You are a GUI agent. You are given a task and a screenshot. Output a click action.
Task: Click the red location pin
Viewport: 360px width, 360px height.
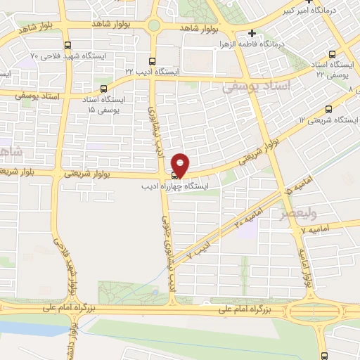tap(181, 164)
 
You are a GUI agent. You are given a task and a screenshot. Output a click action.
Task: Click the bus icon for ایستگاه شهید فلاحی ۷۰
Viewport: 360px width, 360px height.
tap(66, 44)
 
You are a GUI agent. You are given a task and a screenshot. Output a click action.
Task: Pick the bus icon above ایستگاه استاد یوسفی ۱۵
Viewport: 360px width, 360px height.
tap(104, 89)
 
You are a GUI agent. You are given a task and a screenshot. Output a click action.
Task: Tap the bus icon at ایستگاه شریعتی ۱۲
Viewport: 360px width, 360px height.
tap(329, 109)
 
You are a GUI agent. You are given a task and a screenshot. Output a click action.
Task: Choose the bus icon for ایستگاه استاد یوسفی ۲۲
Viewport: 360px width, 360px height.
tap(332, 53)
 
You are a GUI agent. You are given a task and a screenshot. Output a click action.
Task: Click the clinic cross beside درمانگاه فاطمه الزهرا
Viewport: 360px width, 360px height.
tap(252, 33)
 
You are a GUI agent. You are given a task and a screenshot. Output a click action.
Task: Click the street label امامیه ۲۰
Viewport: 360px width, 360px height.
tap(249, 215)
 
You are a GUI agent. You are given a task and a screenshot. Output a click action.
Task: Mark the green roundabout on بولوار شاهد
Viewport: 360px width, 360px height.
tap(153, 26)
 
